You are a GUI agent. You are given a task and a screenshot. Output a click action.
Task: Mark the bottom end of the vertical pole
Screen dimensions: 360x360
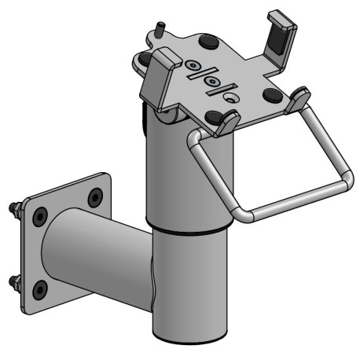[189, 336]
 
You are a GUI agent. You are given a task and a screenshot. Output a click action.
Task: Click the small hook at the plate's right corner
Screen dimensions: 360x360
[298, 98]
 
